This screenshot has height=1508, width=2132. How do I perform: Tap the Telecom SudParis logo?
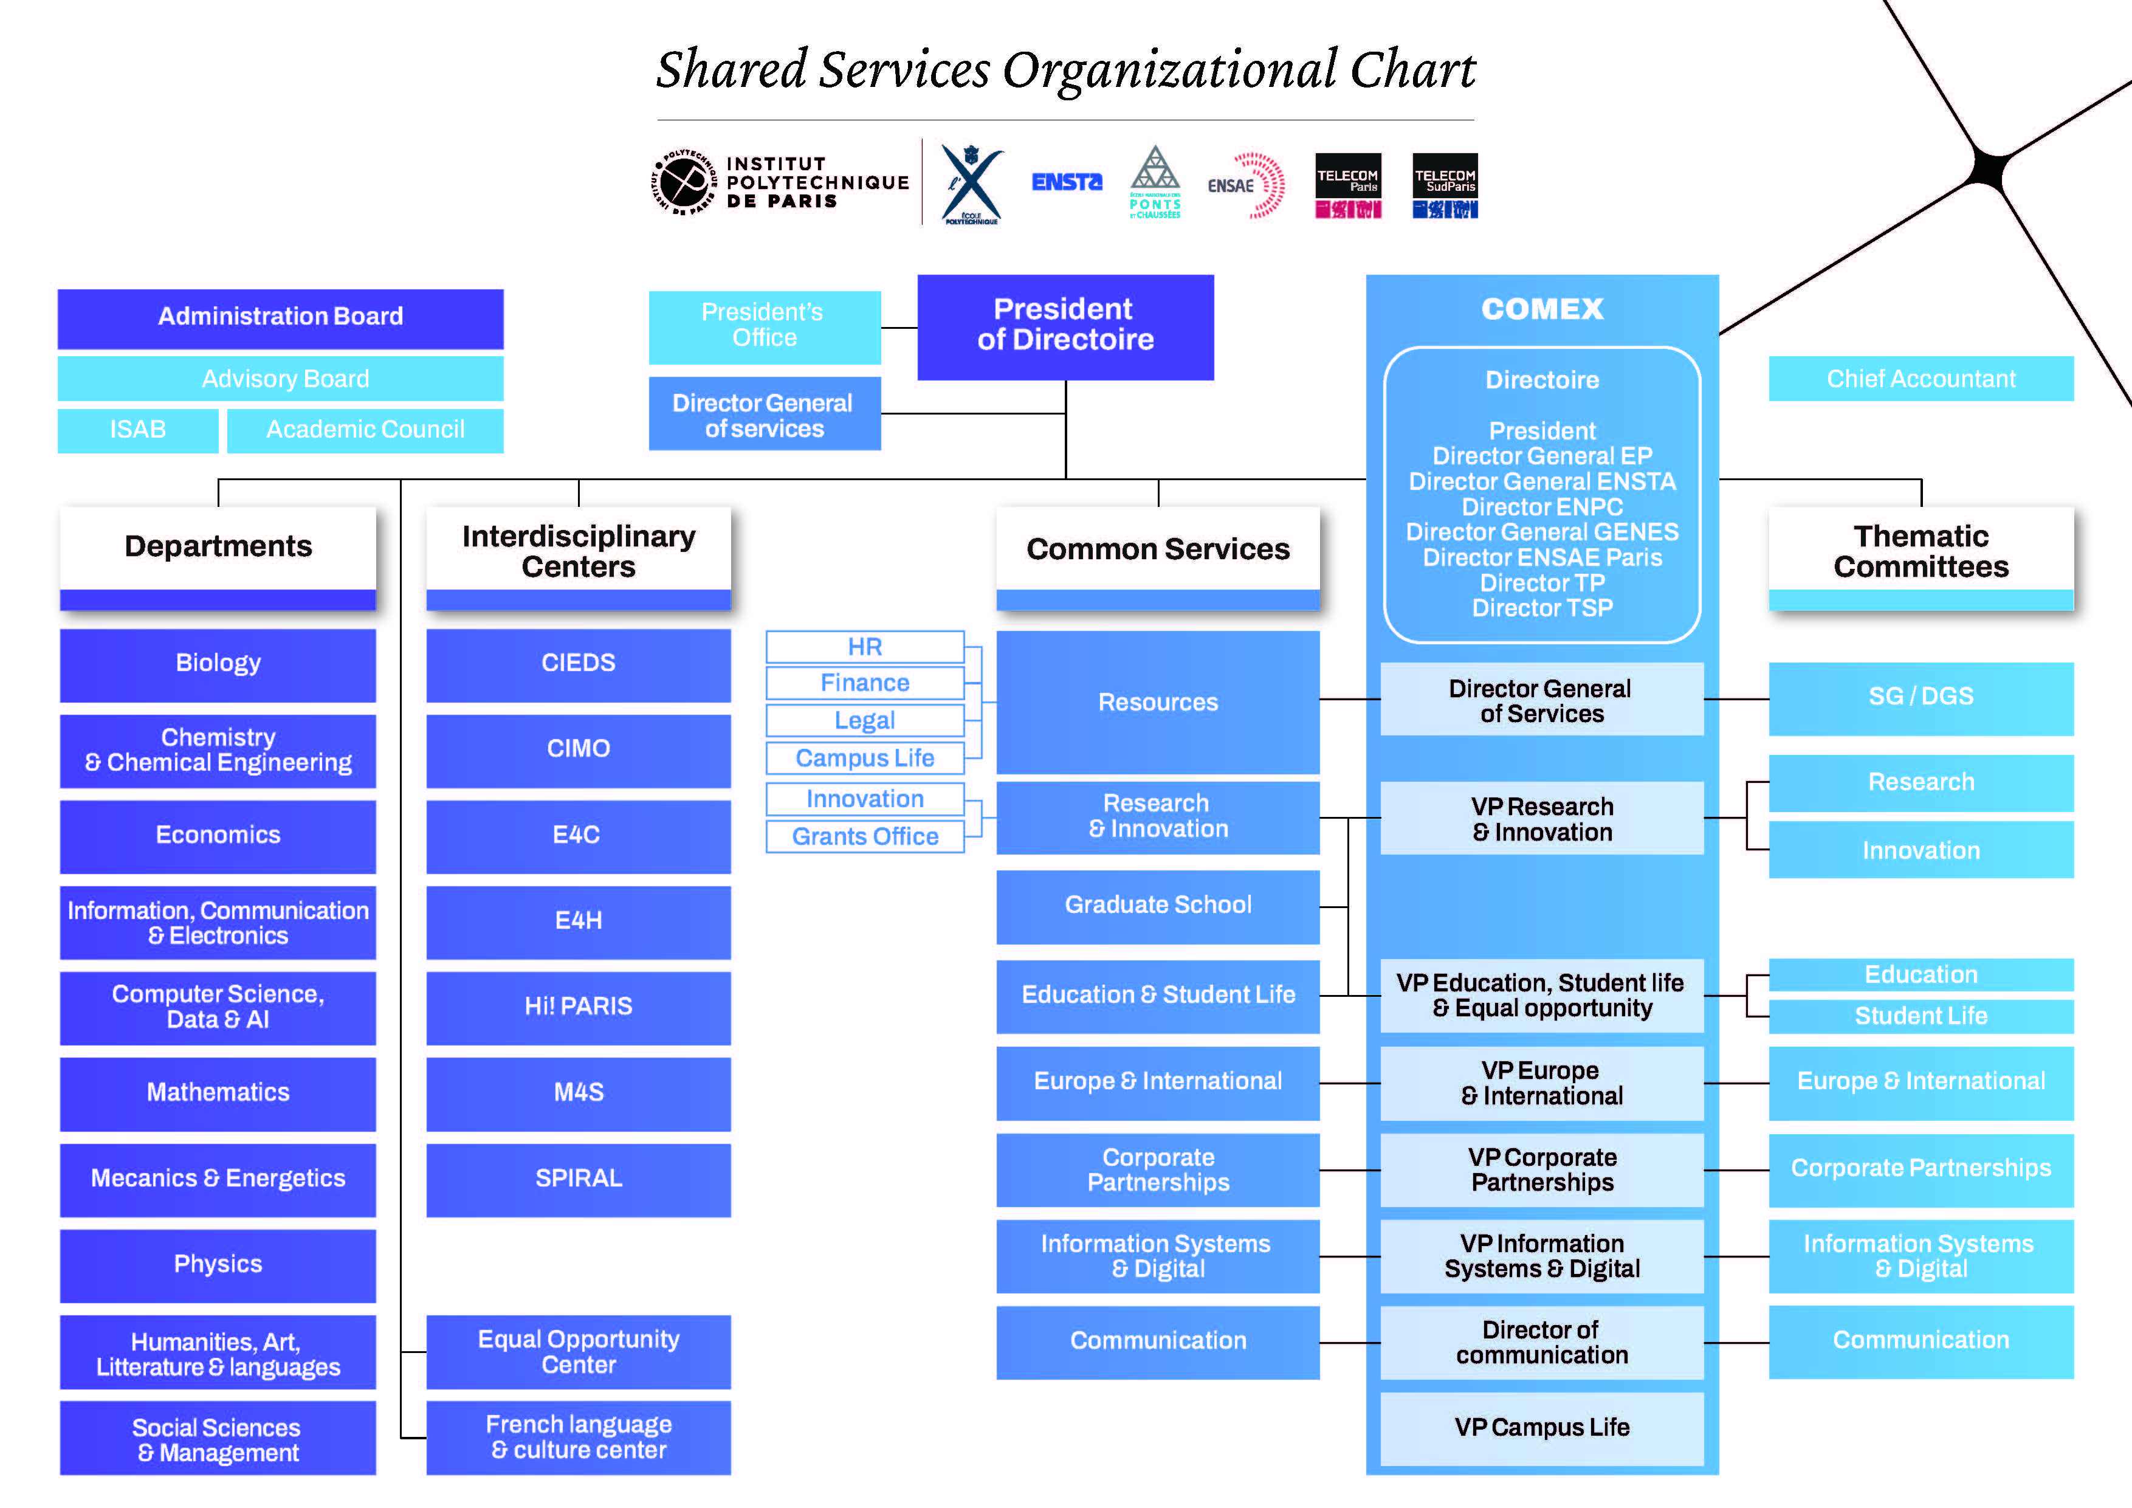(1445, 186)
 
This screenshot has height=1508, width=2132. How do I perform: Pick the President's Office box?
(763, 326)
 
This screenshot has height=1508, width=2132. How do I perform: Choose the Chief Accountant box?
(1921, 379)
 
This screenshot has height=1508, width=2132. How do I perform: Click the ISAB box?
(137, 430)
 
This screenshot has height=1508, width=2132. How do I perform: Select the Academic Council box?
(365, 430)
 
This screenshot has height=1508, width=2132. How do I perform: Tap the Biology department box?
(218, 664)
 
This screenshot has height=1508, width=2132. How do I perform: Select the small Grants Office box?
(864, 836)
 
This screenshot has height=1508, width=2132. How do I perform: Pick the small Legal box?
(864, 721)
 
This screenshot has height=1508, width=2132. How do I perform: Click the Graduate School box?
(1157, 906)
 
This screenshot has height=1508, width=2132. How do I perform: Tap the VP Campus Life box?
(1541, 1427)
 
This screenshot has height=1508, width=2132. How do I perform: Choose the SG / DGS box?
(1921, 697)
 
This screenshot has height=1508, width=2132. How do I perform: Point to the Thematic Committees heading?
(1921, 551)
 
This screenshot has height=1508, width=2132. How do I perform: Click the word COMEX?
(1541, 309)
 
